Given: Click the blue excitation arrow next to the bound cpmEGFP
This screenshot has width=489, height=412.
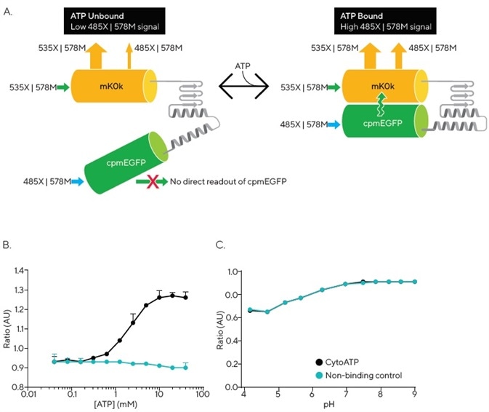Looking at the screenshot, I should [x=335, y=124].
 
